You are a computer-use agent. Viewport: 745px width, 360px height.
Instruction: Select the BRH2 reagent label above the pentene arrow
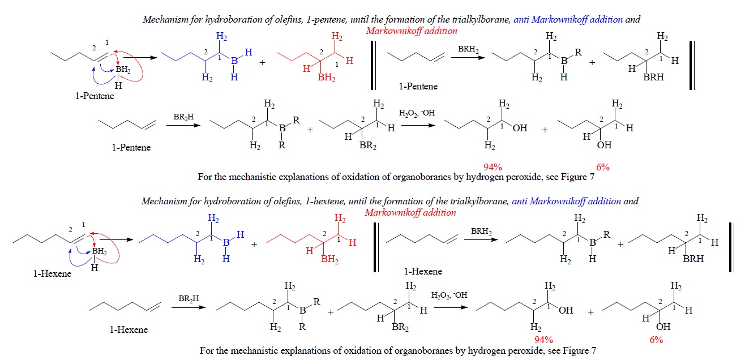click(468, 50)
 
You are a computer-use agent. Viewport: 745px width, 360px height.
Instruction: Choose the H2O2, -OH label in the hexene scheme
click(448, 295)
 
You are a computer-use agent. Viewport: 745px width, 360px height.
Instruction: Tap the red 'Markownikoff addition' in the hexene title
click(410, 213)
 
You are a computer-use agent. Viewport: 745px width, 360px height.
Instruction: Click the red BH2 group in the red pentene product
click(326, 78)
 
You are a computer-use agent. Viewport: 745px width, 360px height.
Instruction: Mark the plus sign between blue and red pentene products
click(262, 63)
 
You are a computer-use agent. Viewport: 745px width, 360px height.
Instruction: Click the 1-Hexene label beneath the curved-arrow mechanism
click(52, 274)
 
